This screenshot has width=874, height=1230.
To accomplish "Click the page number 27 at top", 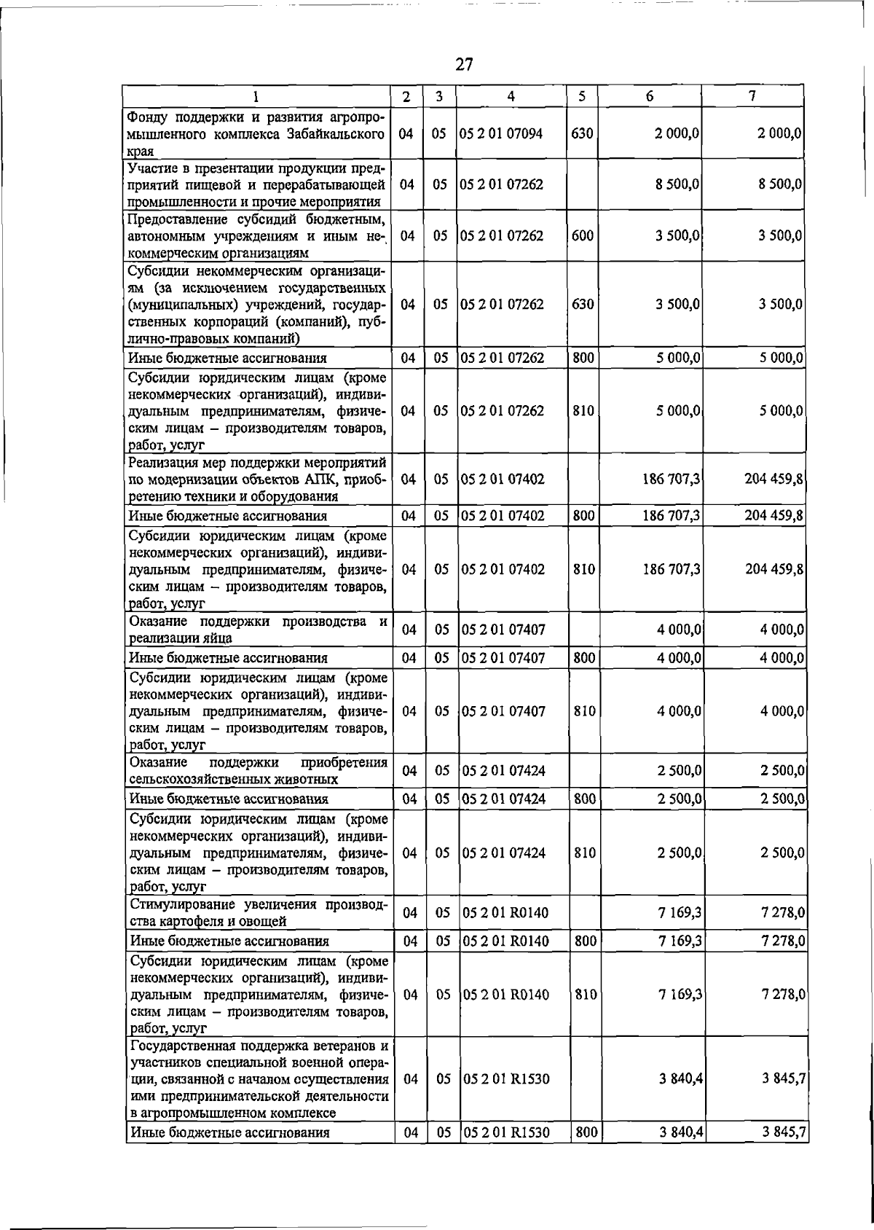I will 464,65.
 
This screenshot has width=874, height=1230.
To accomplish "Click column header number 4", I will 511,96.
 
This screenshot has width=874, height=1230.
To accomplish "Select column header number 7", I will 752,96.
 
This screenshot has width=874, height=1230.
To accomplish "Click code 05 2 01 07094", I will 503,134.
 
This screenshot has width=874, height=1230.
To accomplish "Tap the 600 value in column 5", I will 582,236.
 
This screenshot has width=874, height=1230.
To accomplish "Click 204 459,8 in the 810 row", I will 773,569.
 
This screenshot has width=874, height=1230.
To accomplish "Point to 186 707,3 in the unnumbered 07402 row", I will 672,479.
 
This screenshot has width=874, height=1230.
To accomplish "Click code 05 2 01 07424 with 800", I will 503,799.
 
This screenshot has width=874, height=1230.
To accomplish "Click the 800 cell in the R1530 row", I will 586,1153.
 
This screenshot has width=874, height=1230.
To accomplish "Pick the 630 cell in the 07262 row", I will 582,304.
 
